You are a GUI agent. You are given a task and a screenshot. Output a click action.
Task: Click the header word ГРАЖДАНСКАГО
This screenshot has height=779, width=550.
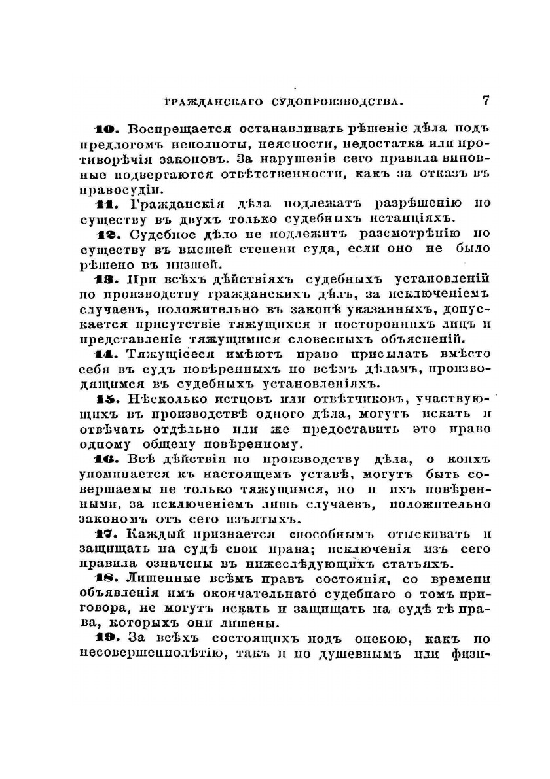coord(208,103)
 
